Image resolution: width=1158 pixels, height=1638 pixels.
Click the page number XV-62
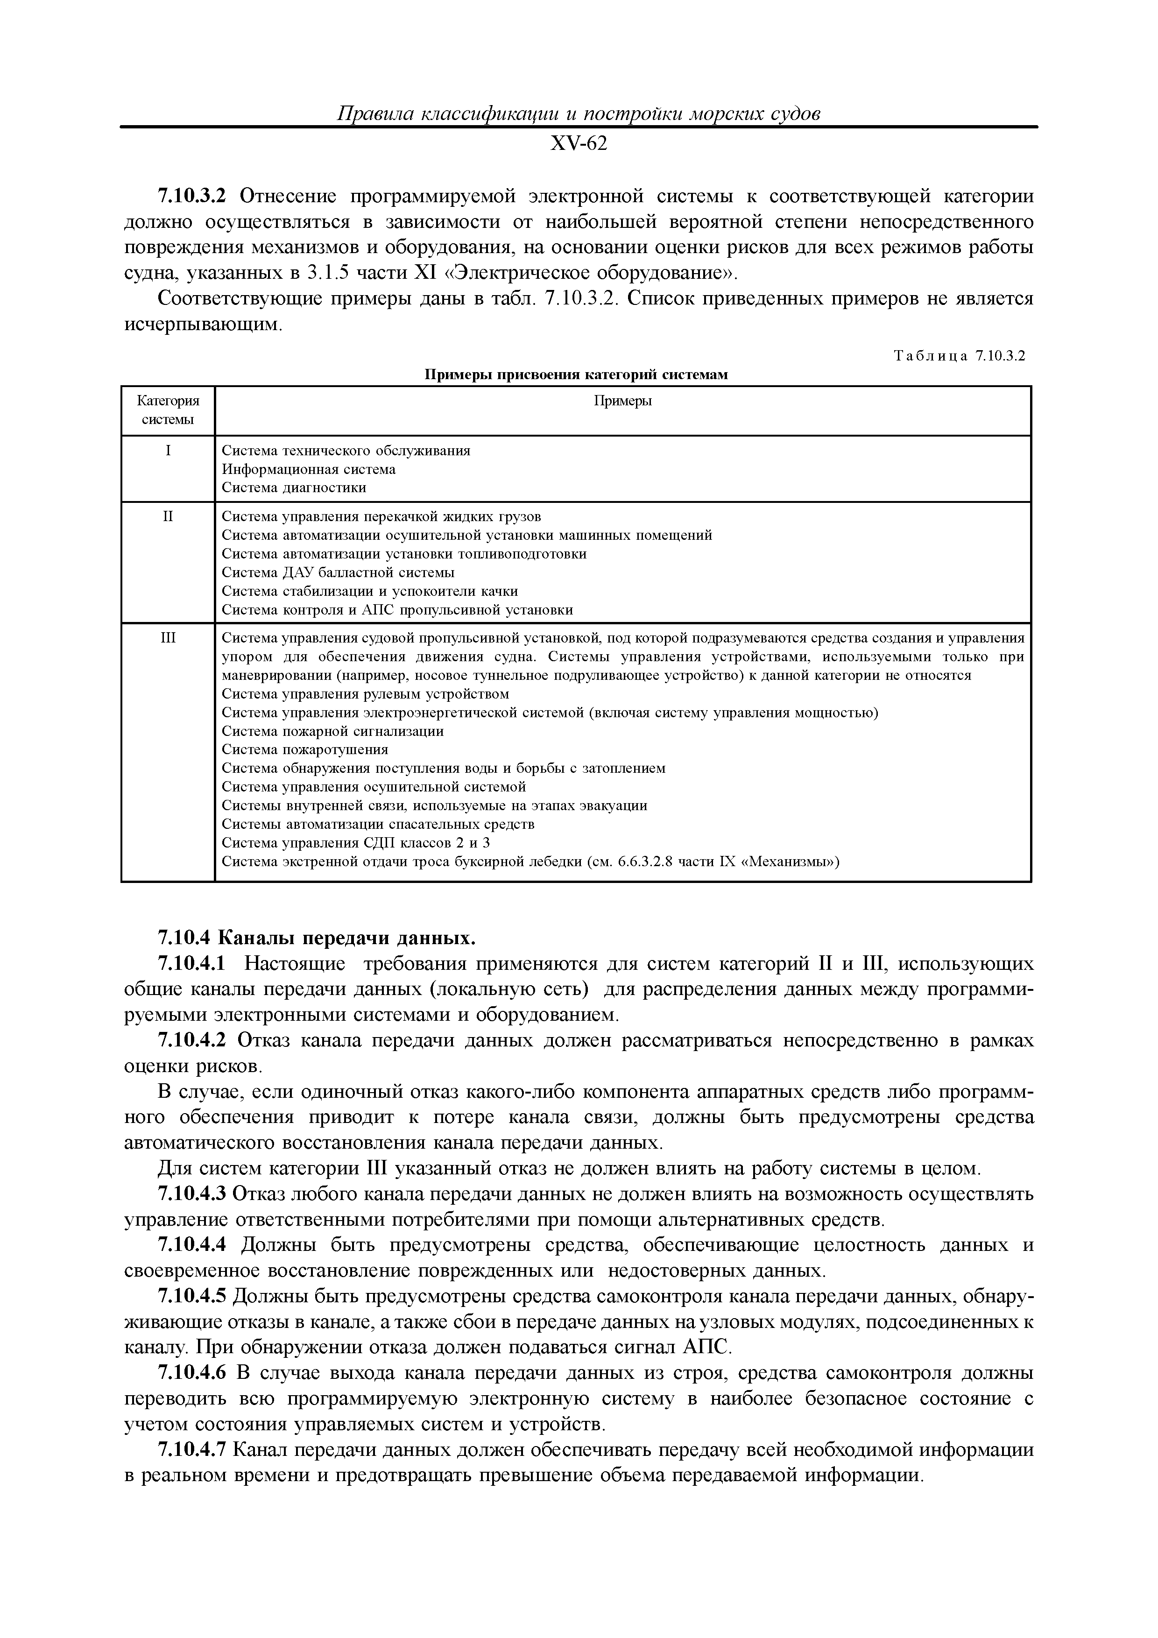pyautogui.click(x=578, y=144)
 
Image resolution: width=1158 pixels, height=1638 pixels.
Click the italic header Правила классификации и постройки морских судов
pyautogui.click(x=578, y=114)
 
